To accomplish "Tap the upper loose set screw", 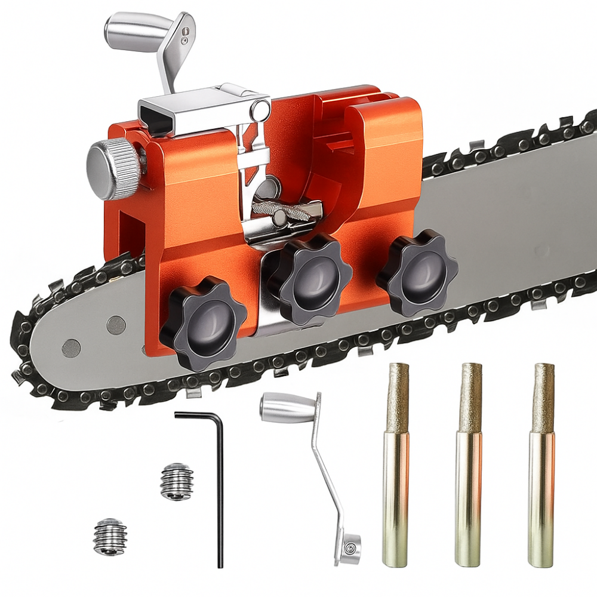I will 176,482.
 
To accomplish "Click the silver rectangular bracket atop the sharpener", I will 197,107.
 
